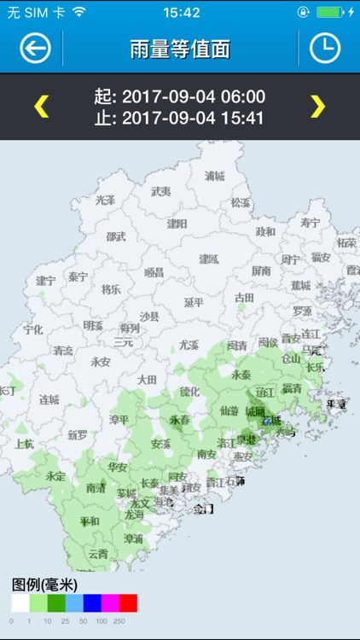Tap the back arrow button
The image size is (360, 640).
pos(35,49)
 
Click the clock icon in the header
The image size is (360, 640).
pos(324,49)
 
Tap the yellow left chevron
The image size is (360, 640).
pos(41,106)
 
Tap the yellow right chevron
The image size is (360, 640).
pos(317,106)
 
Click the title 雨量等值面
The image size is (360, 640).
pos(180,49)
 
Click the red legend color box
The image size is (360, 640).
pos(128,603)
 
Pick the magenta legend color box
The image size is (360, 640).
pos(110,603)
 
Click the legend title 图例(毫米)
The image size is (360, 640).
pos(44,585)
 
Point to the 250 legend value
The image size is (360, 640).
pos(119,621)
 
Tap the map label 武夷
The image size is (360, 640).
pos(160,191)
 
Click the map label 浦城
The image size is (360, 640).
pos(215,176)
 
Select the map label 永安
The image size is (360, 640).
pos(101,361)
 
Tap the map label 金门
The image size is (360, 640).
pos(203,509)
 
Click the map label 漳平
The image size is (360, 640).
pos(119,419)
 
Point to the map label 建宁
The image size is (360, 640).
pos(46,280)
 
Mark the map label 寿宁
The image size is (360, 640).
pos(310,223)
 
